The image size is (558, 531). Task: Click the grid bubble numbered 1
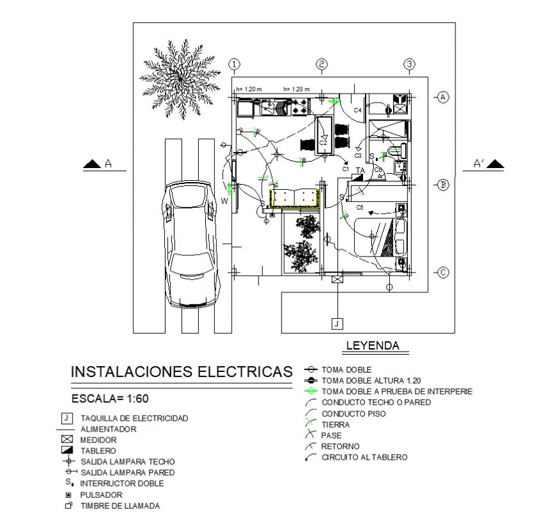[235, 64]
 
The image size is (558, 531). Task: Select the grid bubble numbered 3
[410, 64]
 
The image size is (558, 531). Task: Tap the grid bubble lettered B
[443, 185]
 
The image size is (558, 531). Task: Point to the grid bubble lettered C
[443, 273]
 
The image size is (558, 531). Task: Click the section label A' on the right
[478, 164]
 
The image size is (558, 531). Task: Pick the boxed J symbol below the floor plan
[337, 323]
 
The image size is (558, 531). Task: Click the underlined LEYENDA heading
[372, 346]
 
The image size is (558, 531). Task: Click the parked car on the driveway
[190, 244]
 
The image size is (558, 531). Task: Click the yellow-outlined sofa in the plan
[294, 198]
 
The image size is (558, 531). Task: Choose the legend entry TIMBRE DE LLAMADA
[120, 506]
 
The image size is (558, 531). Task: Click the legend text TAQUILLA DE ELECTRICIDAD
[134, 419]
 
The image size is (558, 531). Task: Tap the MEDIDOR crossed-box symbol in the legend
[67, 440]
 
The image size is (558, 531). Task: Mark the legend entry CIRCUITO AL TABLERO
[364, 457]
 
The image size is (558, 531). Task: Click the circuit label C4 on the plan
[357, 111]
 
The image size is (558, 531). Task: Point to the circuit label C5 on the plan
[360, 208]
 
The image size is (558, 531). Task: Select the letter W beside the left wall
[224, 201]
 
